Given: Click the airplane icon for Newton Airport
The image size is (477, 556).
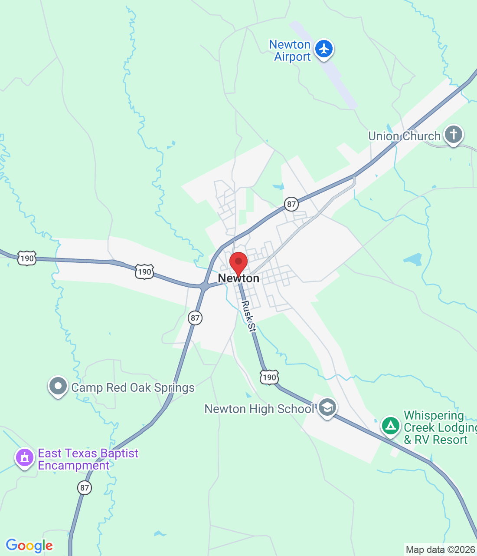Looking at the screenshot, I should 324,49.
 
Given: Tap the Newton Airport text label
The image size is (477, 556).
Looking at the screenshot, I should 290,51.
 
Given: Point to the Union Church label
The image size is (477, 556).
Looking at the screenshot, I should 404,136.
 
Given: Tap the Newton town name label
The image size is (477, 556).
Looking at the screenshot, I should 238,278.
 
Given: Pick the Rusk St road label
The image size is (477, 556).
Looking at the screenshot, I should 248,316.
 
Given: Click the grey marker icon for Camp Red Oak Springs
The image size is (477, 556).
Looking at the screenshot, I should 58,386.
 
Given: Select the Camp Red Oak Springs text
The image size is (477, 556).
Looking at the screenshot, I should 133,387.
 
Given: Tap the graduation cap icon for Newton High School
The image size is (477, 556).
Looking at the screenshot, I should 327,407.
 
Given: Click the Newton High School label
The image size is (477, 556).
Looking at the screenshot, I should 259,409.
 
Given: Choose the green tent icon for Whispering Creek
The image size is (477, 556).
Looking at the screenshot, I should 391,426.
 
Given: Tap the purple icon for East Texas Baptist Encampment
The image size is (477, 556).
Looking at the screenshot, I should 25,458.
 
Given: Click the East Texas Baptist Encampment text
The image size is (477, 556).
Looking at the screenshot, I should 88,459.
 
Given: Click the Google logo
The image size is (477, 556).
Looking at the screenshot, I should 29,546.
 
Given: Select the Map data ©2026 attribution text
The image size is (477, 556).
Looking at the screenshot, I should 440,549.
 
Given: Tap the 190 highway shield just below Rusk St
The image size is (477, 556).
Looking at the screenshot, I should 269,377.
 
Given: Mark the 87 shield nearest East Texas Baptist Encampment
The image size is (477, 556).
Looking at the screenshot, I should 85,488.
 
